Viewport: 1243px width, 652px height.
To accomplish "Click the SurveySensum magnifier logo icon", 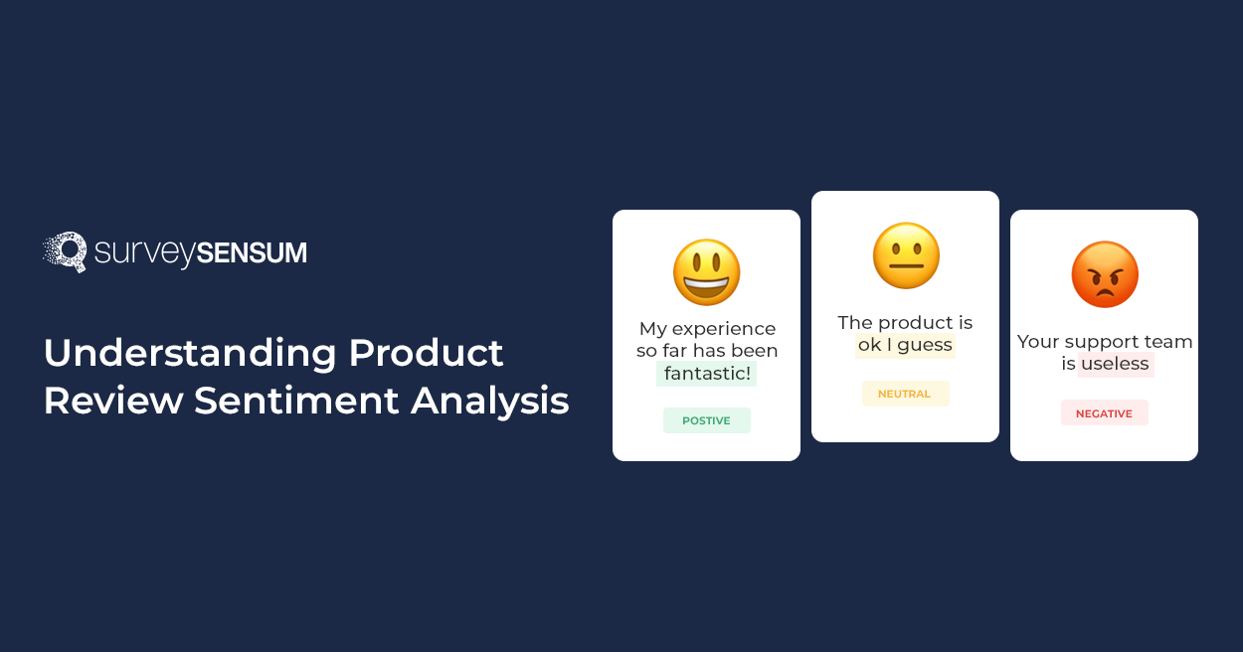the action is coord(66,251).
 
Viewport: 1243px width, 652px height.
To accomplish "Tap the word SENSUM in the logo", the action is coord(252,252).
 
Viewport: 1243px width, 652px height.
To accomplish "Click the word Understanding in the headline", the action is coord(190,354).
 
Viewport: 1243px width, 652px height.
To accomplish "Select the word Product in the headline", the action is coord(426,353).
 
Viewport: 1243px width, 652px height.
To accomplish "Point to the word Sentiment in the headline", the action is coord(296,401).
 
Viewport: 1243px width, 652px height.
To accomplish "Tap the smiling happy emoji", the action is coord(706,272).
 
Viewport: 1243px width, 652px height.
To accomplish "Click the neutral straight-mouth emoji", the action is coord(906,255).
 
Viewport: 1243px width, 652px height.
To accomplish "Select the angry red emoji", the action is coord(1104,274).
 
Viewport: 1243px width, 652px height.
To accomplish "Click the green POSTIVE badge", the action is coord(706,420).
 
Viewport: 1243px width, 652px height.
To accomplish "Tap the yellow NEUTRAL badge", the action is coord(905,394).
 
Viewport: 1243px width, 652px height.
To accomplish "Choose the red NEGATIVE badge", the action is coord(1104,413).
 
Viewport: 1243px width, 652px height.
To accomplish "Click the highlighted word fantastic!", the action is coord(706,374).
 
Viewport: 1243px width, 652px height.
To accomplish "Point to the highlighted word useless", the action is coord(1116,364).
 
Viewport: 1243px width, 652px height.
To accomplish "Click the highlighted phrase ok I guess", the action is coord(905,346).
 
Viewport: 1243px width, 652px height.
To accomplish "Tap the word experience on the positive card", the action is coord(724,329).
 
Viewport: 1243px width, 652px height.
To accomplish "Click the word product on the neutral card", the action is coord(917,323).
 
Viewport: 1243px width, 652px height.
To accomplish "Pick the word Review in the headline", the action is coord(113,401).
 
